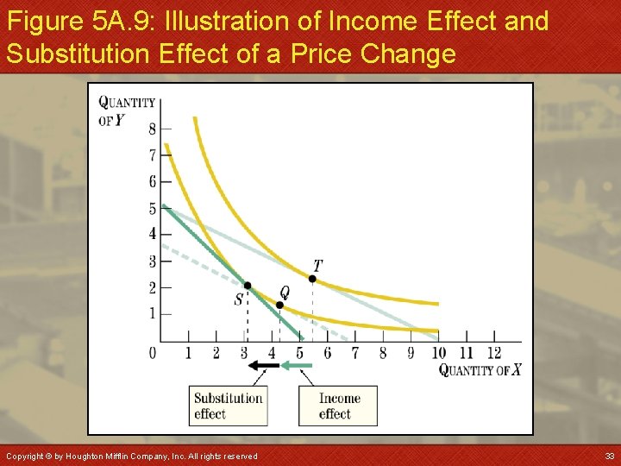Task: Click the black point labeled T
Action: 312,279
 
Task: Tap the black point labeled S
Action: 247,286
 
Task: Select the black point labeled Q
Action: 279,305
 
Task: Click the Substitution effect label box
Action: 228,406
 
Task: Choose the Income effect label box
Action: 338,406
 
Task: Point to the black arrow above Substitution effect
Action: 264,365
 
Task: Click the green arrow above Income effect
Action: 297,365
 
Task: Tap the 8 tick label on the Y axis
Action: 153,129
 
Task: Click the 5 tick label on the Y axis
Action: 153,208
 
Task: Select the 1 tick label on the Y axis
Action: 153,313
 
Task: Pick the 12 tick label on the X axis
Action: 493,352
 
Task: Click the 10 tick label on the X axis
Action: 439,352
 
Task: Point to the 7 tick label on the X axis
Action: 354,352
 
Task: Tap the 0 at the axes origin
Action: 153,352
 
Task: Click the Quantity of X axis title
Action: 480,370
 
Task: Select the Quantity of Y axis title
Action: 126,110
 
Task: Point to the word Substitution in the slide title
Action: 78,54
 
